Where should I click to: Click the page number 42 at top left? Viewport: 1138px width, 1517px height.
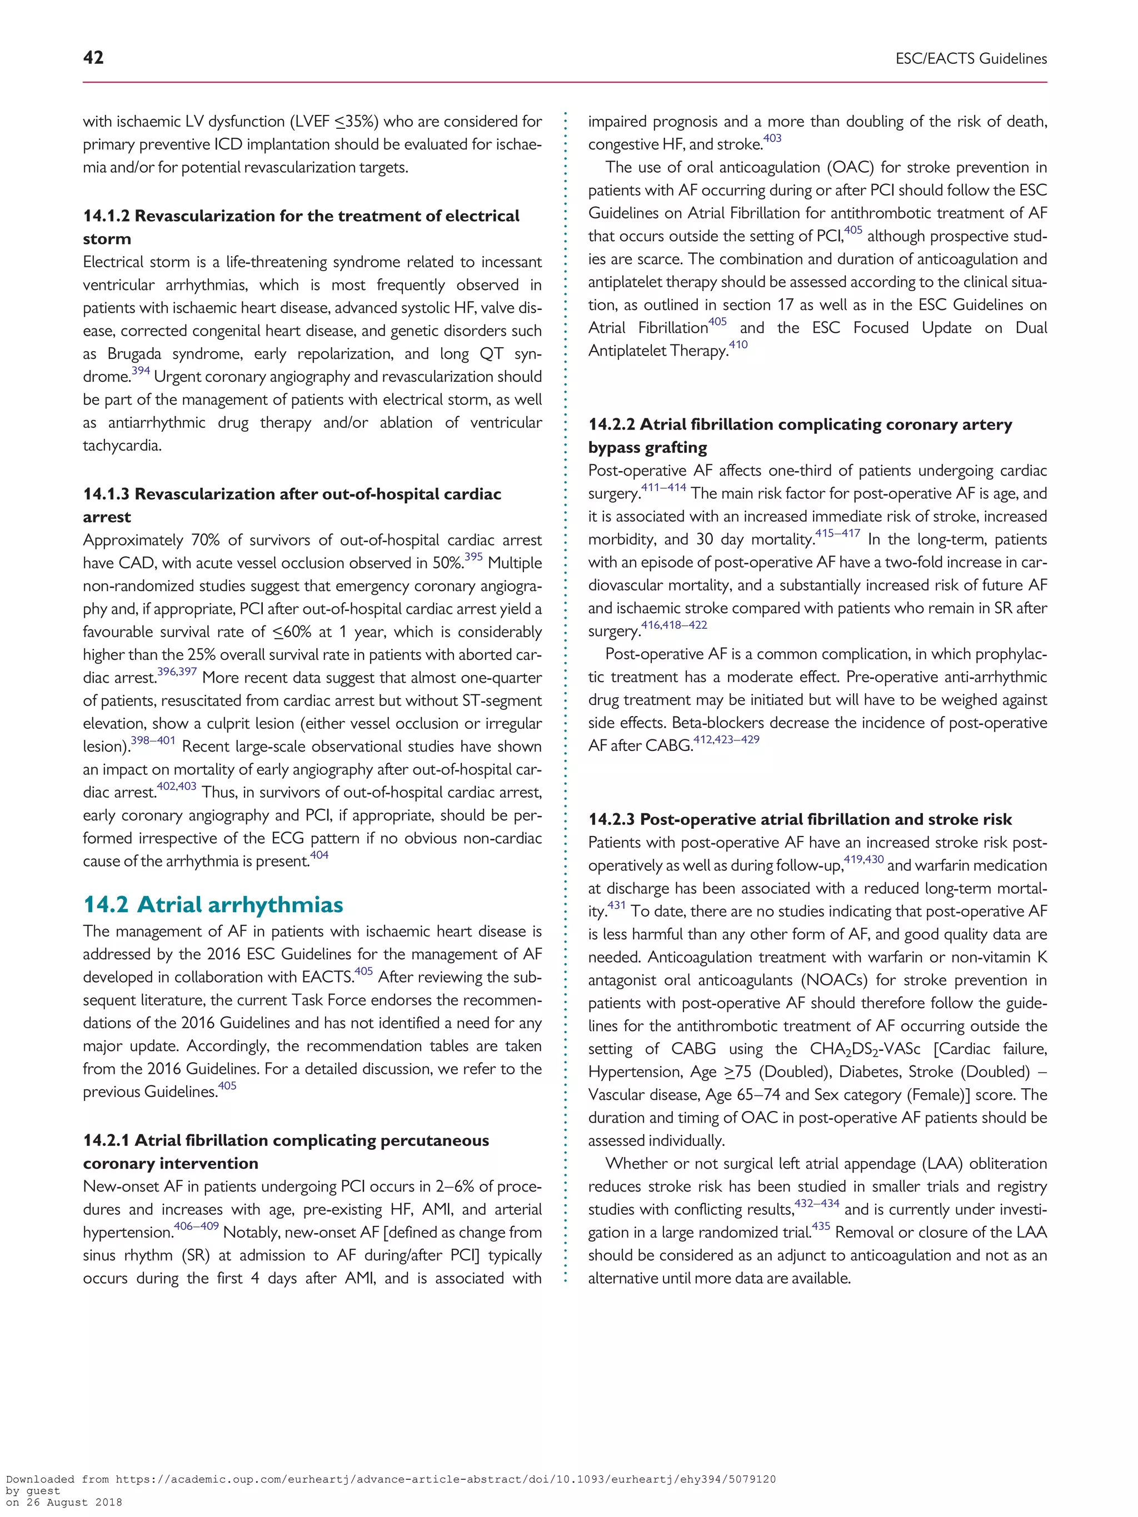[x=93, y=58]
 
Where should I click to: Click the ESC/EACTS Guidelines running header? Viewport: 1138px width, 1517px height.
[x=971, y=59]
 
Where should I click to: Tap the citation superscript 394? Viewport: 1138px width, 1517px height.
[x=141, y=371]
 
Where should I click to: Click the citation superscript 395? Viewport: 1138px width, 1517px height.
[x=473, y=557]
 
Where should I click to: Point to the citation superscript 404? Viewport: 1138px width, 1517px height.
[x=319, y=854]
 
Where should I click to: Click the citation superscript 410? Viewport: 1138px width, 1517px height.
[x=738, y=345]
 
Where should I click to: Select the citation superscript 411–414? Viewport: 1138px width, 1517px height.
[x=663, y=488]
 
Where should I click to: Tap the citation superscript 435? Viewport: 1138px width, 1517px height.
[x=820, y=1226]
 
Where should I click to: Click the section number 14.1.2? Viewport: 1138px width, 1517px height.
[x=106, y=216]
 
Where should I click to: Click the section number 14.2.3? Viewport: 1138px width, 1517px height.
[x=612, y=819]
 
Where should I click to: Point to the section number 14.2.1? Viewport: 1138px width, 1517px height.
[x=106, y=1140]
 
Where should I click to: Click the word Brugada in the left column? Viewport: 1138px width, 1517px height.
[x=134, y=354]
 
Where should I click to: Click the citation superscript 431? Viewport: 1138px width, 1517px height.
[x=617, y=905]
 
